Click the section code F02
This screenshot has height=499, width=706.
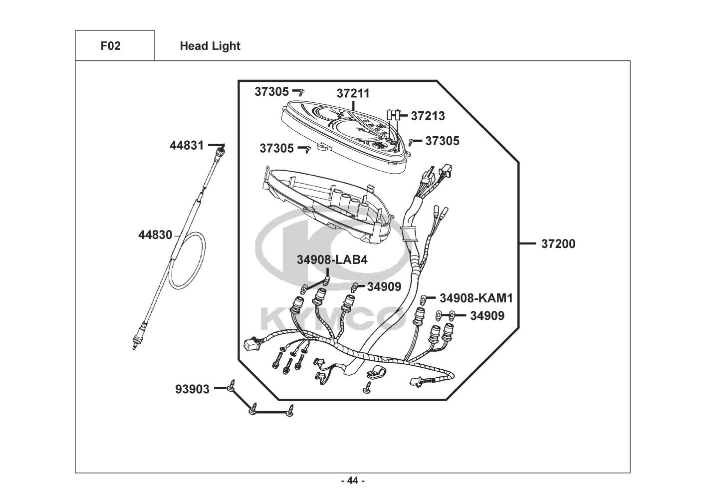point(110,46)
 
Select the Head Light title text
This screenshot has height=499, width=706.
point(210,46)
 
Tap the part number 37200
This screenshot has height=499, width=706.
point(558,244)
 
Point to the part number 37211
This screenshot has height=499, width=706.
point(353,93)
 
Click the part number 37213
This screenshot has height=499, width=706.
point(428,116)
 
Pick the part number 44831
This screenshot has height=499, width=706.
point(187,145)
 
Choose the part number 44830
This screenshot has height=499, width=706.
point(155,235)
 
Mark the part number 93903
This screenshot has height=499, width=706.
point(192,388)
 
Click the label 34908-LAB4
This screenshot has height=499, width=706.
point(332,259)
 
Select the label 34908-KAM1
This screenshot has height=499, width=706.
point(476,298)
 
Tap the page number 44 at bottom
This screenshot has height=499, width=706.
point(353,481)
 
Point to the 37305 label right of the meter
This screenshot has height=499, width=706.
point(442,141)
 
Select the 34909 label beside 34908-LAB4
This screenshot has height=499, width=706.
point(384,287)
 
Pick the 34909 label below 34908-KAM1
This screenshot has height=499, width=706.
point(487,316)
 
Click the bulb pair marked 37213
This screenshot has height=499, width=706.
point(395,115)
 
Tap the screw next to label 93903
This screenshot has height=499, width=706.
point(232,385)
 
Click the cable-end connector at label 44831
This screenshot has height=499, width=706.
point(222,148)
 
